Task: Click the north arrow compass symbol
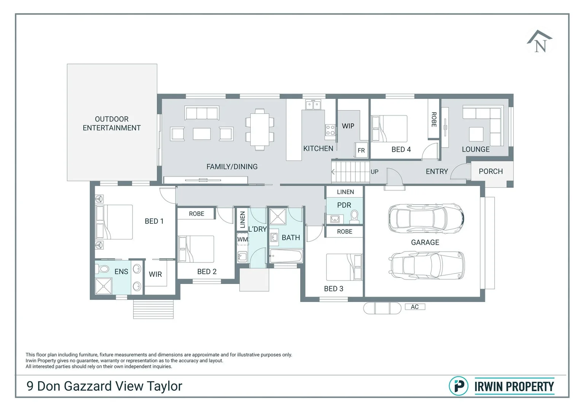(540, 42)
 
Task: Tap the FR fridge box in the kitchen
(361, 150)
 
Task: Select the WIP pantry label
(348, 126)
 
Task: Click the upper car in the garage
(426, 218)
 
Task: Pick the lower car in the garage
(427, 265)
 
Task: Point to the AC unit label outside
(415, 307)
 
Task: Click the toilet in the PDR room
(354, 217)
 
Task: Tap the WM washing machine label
(242, 239)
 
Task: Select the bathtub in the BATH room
(286, 256)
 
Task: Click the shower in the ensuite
(103, 286)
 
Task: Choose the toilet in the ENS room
(103, 269)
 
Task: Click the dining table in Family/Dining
(260, 127)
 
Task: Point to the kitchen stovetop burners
(330, 131)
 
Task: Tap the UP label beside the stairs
(374, 172)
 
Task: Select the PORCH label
(490, 172)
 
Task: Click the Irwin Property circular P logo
(458, 386)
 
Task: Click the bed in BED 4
(389, 129)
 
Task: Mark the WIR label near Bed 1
(155, 274)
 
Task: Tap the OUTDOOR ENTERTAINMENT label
(111, 124)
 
